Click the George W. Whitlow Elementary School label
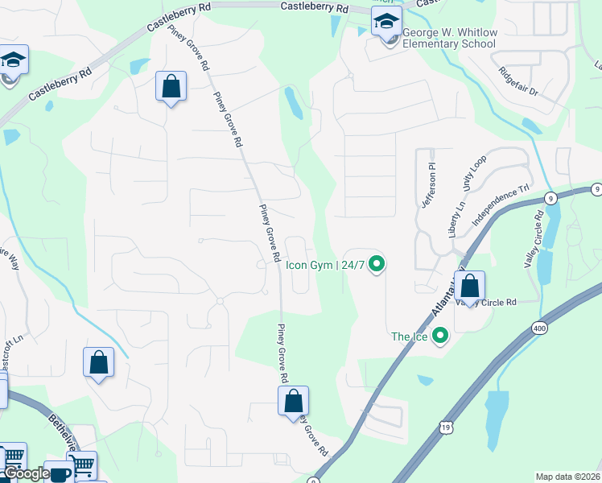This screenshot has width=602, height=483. [449, 38]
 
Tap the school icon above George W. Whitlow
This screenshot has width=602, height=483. [386, 22]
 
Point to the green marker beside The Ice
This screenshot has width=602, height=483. [439, 336]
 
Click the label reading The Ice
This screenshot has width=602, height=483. [408, 336]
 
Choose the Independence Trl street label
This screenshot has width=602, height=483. [501, 205]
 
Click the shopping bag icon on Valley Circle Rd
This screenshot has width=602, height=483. [470, 286]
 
